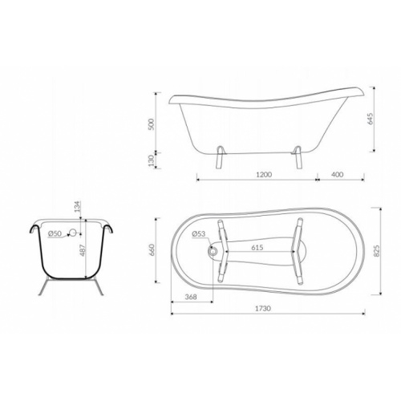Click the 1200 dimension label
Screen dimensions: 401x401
[264, 174]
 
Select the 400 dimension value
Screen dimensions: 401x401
[338, 174]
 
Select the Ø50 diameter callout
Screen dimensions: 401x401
[55, 233]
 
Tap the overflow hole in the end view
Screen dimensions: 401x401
[73, 233]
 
